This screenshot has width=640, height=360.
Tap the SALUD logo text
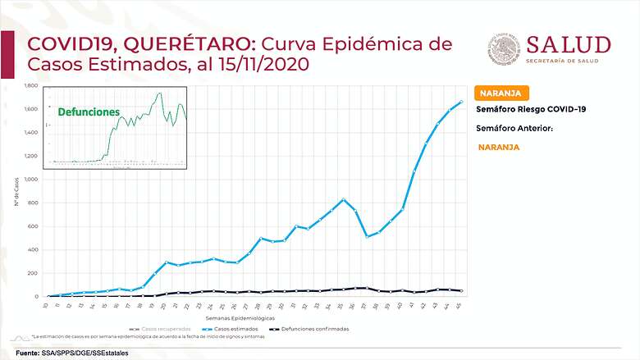click(568, 44)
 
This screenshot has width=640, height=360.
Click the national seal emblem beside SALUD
click(502, 49)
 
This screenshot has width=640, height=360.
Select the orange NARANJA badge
click(501, 93)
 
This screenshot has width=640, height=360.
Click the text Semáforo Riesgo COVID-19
click(531, 109)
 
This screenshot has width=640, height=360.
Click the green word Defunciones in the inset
click(88, 112)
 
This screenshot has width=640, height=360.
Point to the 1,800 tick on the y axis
click(32, 85)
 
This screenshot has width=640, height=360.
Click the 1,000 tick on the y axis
click(32, 180)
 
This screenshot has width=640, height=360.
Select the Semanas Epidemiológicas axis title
click(247, 317)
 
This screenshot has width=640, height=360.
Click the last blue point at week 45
click(461, 102)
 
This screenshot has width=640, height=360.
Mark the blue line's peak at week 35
click(344, 199)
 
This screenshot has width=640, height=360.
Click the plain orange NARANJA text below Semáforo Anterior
click(498, 148)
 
